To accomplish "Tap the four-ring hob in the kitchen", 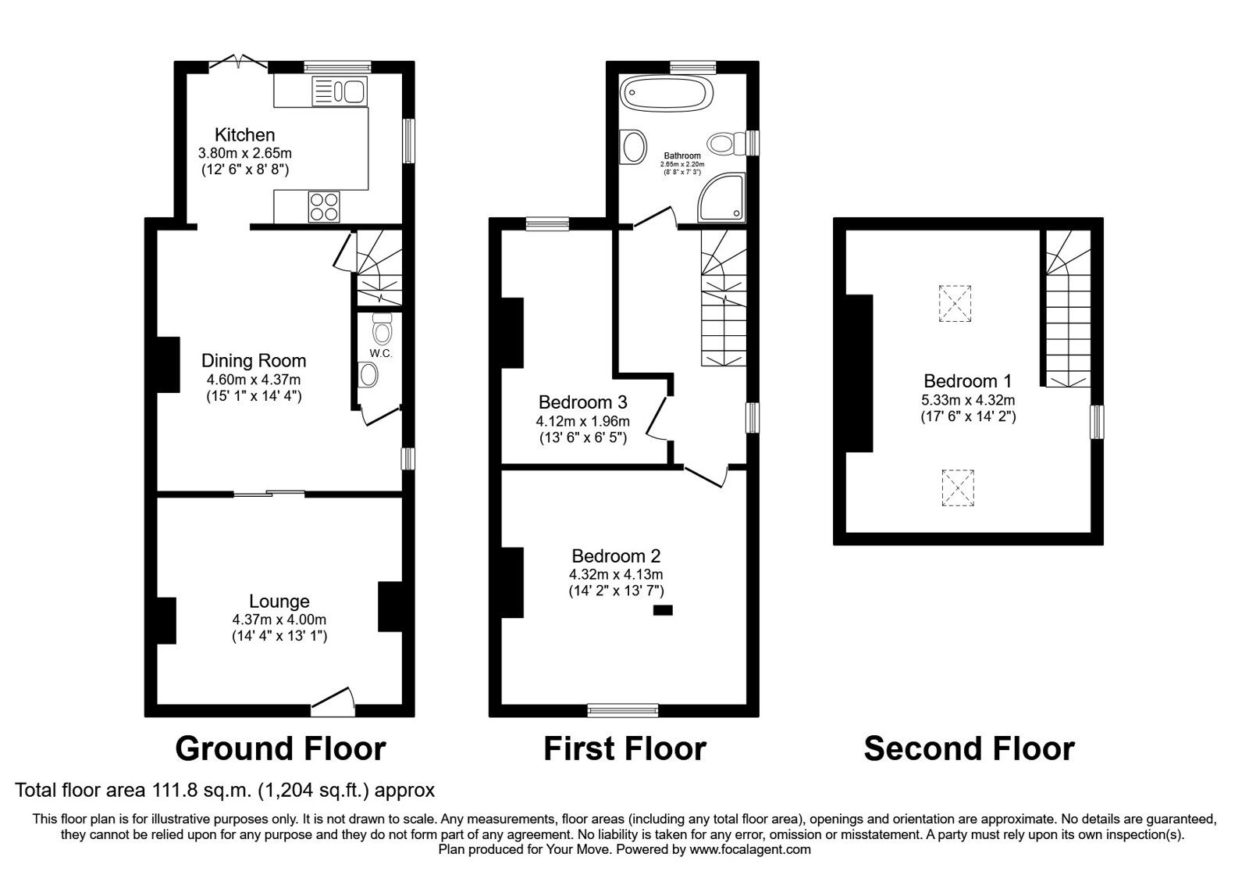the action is click(x=323, y=207).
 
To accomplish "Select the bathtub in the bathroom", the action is click(x=667, y=93).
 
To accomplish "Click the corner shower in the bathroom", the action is click(x=721, y=198).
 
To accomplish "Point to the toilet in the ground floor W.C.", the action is click(x=383, y=327).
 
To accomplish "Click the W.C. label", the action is click(x=381, y=353).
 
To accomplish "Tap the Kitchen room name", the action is click(x=245, y=135).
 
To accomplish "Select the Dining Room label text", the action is click(x=254, y=360).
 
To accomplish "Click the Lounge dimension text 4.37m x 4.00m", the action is click(x=279, y=620).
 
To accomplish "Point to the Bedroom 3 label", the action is click(x=582, y=402).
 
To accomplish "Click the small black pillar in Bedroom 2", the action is click(x=663, y=610).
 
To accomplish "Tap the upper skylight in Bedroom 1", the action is click(x=955, y=303).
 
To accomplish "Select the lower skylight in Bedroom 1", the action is click(x=958, y=487).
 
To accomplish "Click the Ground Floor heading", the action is click(x=280, y=748).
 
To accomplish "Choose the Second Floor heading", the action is click(x=969, y=748).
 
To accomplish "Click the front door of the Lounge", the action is click(x=333, y=702).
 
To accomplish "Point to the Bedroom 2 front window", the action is click(x=623, y=710).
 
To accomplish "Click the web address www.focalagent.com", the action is click(x=750, y=849).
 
